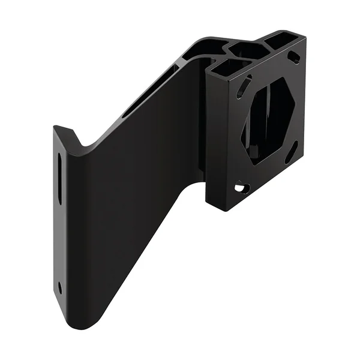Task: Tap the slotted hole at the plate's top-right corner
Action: click(293, 58)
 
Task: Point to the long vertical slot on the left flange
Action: click(60, 180)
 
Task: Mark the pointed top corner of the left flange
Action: click(56, 127)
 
